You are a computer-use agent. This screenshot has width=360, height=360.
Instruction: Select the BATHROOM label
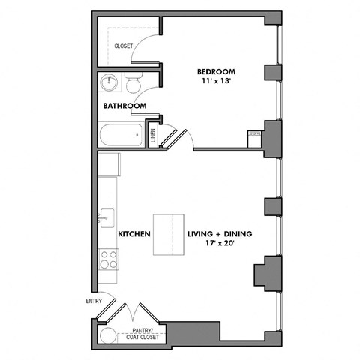tap(124, 106)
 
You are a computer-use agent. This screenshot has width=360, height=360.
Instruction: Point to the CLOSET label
tap(123, 46)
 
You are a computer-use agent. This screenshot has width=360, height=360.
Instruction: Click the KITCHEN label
tap(134, 234)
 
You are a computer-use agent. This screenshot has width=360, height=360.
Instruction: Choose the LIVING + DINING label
tap(219, 234)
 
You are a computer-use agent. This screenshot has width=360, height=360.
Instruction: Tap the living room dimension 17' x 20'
tap(219, 244)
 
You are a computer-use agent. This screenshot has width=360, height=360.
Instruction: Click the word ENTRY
tap(93, 301)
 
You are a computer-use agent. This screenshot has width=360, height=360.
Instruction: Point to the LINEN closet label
tap(153, 136)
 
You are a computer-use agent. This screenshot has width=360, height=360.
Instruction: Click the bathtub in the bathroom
tap(121, 136)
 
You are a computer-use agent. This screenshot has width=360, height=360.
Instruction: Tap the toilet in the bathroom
tap(133, 82)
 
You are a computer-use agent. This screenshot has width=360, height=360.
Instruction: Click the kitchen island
tap(169, 235)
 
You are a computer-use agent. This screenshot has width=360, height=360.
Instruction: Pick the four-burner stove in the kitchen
tap(109, 259)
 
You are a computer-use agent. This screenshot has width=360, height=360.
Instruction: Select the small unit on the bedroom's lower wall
tap(253, 139)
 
